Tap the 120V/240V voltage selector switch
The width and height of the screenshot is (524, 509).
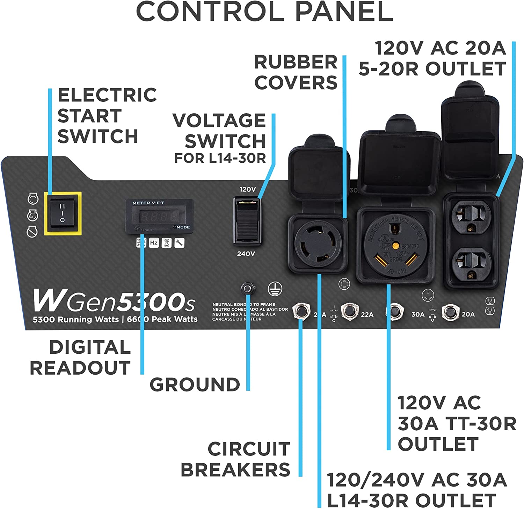tap(247, 220)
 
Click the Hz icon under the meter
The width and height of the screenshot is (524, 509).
tap(154, 243)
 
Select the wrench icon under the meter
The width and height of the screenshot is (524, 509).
tap(179, 243)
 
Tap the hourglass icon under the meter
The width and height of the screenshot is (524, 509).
tap(167, 243)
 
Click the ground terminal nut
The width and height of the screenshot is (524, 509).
tap(247, 289)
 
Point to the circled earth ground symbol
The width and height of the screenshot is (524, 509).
tap(275, 289)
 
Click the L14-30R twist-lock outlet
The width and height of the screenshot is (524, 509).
tap(317, 244)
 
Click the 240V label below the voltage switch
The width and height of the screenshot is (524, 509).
tap(246, 254)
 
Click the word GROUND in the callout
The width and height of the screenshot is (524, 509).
tap(195, 384)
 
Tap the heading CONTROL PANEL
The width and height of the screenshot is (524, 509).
tap(264, 12)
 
